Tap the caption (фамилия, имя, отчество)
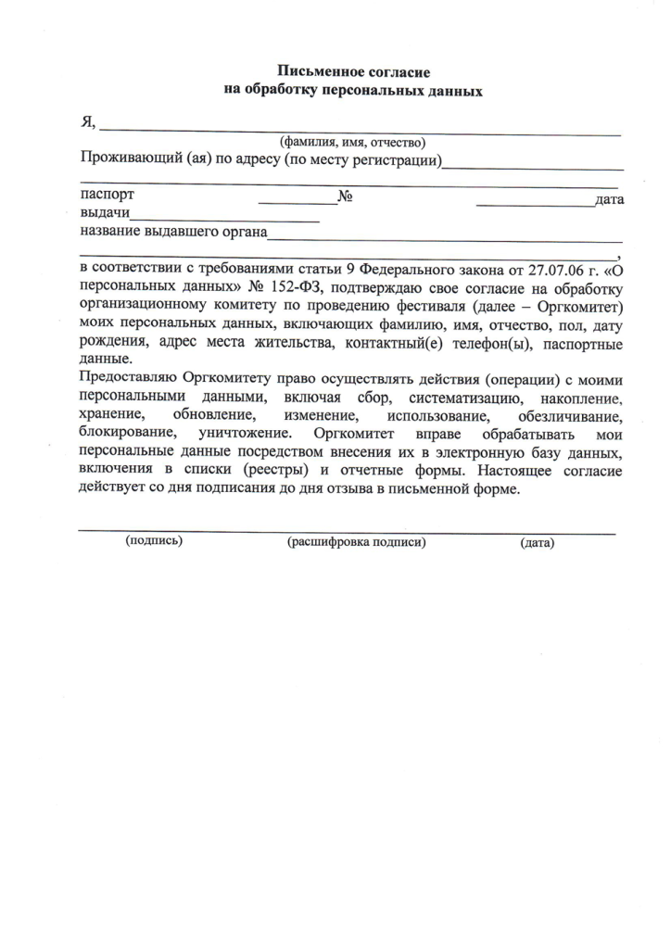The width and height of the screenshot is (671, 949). tap(352, 143)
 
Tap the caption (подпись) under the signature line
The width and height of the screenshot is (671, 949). tap(154, 540)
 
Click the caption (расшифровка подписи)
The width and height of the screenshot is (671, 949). tap(357, 542)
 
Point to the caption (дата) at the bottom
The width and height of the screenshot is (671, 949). tap(538, 543)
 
